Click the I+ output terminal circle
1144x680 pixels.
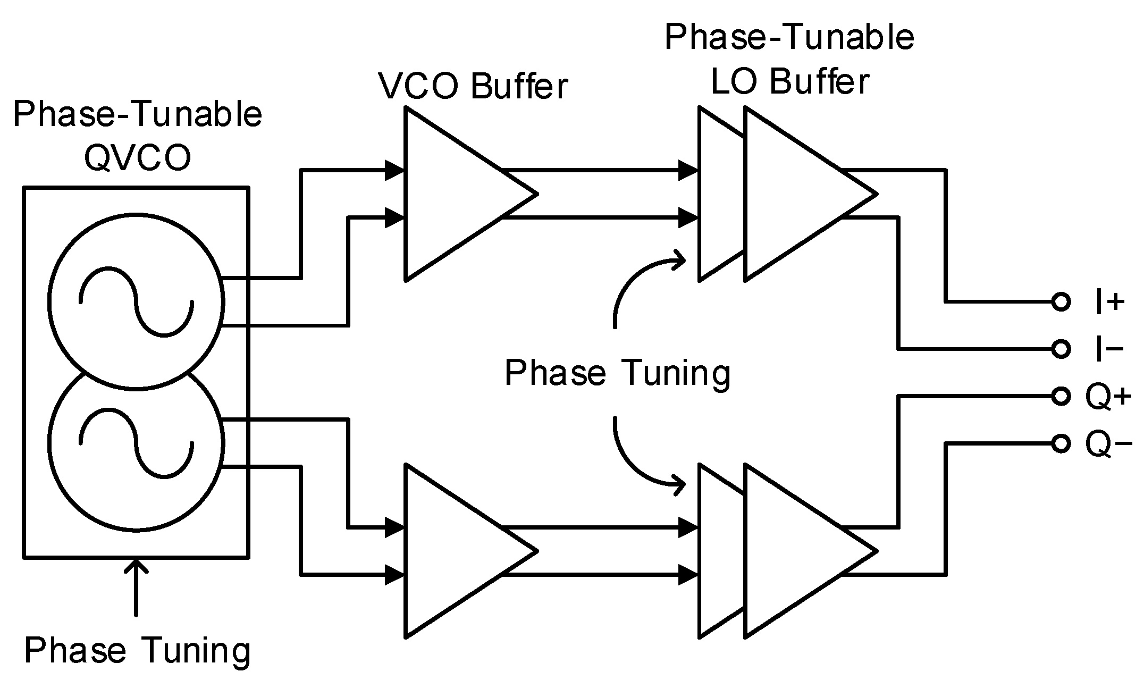1060,302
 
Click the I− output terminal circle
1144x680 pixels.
1060,349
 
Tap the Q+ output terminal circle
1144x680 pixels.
1060,396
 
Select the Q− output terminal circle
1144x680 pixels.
1060,443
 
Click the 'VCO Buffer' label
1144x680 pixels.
473,86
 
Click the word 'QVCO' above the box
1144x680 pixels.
138,158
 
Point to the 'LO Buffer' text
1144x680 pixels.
789,82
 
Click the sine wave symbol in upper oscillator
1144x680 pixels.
136,302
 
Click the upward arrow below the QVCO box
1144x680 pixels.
137,585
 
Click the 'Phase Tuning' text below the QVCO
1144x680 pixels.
137,650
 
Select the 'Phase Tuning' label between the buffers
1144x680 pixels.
617,373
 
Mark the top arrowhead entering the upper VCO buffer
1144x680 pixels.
395,170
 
